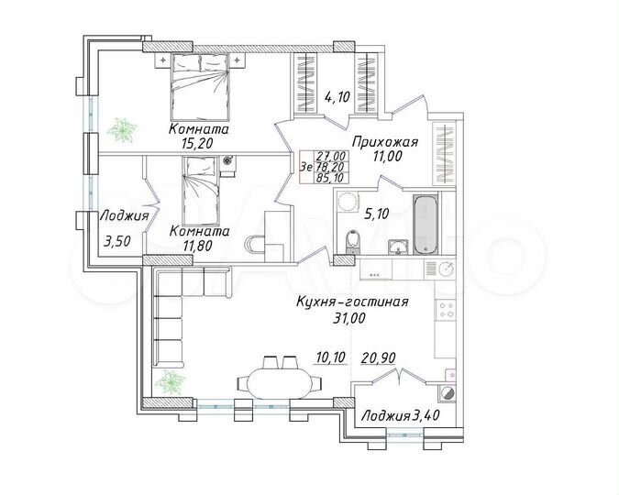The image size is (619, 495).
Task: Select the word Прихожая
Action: [x=392, y=141]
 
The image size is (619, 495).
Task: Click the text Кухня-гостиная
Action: [x=351, y=302]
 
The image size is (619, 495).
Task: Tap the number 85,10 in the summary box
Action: [x=332, y=180]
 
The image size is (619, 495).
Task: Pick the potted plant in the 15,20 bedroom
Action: [x=120, y=131]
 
